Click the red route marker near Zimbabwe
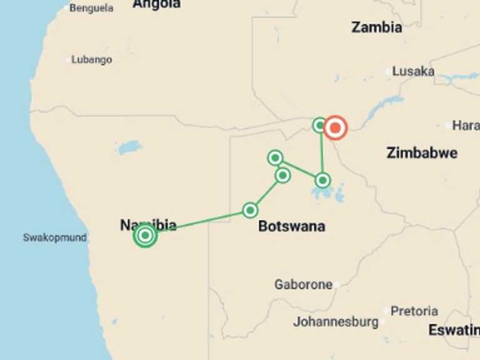(x=335, y=128)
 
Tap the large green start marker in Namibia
(x=145, y=236)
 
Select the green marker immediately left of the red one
(x=320, y=125)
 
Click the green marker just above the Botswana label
(x=250, y=210)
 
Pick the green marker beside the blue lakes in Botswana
(x=322, y=181)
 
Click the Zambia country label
(x=376, y=27)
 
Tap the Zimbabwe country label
(x=422, y=152)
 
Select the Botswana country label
(x=291, y=226)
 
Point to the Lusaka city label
(x=413, y=71)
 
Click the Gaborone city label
(x=303, y=284)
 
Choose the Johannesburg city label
(x=336, y=322)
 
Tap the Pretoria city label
(x=414, y=311)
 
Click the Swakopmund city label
(x=54, y=237)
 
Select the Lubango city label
(x=91, y=60)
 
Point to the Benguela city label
(x=91, y=8)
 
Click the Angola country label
(x=156, y=4)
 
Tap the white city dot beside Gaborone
(x=336, y=285)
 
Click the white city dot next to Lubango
(x=68, y=60)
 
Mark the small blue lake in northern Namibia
(x=129, y=148)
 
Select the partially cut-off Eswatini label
(x=454, y=330)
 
